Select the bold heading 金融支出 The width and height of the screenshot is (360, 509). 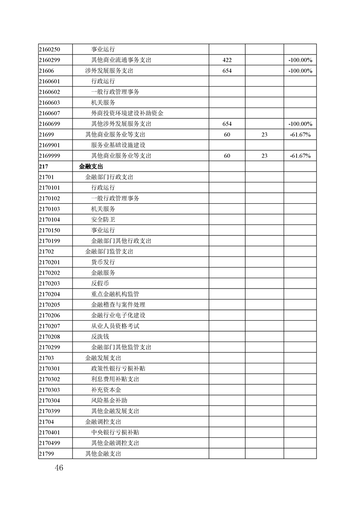coord(91,166)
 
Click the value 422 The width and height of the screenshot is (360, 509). coord(227,60)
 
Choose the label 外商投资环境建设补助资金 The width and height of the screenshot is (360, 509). coord(127,113)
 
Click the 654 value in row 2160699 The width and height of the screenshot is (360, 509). coord(227,124)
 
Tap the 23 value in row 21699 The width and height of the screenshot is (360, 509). coord(265,135)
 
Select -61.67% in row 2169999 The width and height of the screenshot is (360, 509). coord(300,156)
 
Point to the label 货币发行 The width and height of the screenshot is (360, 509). coord(103,262)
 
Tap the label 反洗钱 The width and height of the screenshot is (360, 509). coord(100,337)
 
